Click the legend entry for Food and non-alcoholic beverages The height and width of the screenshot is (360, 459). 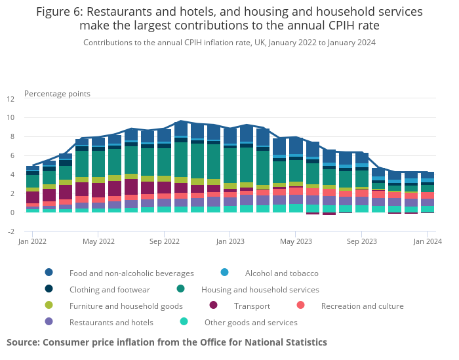(131, 273)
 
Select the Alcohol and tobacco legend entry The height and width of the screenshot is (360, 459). (281, 273)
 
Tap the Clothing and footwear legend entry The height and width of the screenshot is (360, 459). (110, 289)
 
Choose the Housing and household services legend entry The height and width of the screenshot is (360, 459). (260, 289)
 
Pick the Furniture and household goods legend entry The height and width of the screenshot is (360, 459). (126, 306)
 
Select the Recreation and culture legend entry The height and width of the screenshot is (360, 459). (362, 306)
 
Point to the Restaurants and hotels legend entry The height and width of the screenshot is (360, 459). (111, 322)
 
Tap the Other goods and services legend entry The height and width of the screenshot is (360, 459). (250, 322)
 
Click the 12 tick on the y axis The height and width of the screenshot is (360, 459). (10, 100)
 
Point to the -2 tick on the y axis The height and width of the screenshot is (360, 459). (10, 231)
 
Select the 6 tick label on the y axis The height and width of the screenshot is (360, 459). (12, 156)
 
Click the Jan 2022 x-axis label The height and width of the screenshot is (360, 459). (33, 241)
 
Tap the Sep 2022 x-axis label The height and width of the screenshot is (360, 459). (165, 241)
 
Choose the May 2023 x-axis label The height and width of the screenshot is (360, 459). (296, 241)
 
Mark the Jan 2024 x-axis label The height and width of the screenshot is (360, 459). (427, 241)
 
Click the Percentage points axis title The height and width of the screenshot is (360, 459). (57, 94)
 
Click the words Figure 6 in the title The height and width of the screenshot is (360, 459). (59, 12)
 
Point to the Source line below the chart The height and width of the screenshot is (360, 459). (167, 342)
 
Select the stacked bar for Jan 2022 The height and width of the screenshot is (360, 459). (33, 190)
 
